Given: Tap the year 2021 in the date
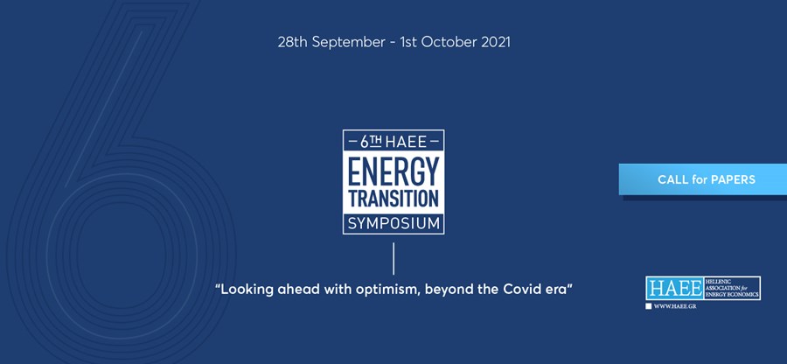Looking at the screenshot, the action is click(x=496, y=42).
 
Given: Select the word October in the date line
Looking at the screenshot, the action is click(x=449, y=42).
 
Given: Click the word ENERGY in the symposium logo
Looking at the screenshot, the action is click(x=393, y=171).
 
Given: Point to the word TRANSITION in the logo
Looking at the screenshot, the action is click(x=393, y=199).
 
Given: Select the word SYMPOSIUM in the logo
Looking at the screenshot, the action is click(x=393, y=223).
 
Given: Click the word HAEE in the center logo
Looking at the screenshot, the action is click(x=406, y=142).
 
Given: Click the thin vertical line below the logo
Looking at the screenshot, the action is click(x=393, y=259).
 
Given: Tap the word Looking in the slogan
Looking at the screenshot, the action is click(x=243, y=290).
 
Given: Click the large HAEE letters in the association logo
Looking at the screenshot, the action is click(x=675, y=288).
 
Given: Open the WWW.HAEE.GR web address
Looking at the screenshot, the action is click(x=674, y=306).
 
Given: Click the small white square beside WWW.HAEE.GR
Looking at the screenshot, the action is click(x=649, y=306).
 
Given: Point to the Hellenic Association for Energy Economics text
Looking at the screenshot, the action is click(x=732, y=288).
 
